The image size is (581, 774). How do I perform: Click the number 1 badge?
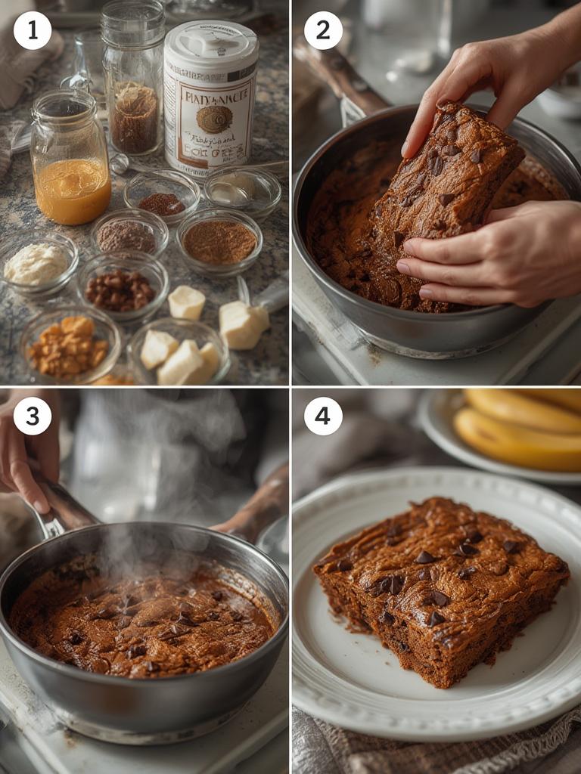[33, 31]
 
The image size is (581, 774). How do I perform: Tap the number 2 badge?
[323, 31]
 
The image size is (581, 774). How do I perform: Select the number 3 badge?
[33, 416]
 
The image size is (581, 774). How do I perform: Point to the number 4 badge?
[323, 416]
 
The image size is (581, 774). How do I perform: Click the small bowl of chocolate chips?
[121, 287]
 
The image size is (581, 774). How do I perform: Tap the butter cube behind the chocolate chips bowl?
[186, 302]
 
